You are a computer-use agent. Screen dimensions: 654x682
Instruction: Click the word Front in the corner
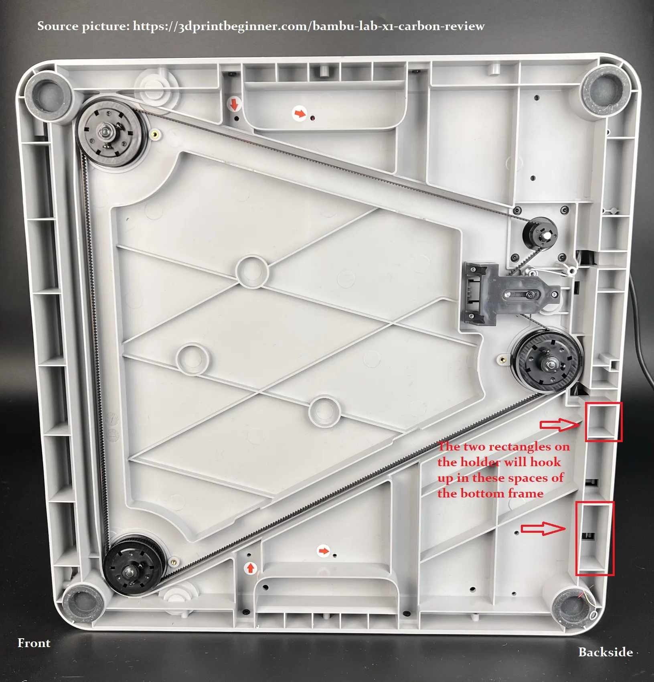[34, 643]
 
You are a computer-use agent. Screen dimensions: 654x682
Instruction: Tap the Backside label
[605, 652]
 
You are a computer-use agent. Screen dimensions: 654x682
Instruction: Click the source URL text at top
[261, 26]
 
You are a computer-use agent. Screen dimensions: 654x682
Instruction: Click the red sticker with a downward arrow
[235, 105]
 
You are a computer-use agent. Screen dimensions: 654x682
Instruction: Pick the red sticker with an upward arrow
[251, 568]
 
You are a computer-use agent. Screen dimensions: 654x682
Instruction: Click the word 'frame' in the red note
[526, 493]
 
